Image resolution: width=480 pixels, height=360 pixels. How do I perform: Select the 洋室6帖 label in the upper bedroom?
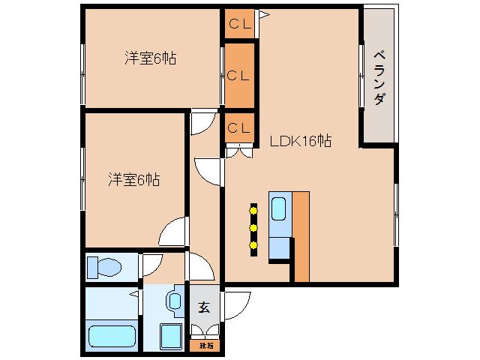[150, 58]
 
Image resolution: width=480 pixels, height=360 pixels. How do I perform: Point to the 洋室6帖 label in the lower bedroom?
[133, 179]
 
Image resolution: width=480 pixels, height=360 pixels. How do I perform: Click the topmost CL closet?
[239, 22]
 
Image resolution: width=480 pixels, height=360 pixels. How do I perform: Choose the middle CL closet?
[239, 75]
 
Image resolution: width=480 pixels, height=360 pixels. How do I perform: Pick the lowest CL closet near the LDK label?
[239, 127]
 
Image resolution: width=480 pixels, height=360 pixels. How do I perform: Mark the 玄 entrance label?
[203, 307]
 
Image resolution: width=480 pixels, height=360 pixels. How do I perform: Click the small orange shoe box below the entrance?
[205, 346]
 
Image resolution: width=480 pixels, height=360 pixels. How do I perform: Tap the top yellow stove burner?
[253, 210]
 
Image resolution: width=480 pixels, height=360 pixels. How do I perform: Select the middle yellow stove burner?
[253, 226]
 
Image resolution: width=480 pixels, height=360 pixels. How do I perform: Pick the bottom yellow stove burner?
[253, 244]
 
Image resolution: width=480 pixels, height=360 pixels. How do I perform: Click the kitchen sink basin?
[279, 208]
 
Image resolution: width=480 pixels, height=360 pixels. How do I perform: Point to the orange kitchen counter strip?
[301, 236]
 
